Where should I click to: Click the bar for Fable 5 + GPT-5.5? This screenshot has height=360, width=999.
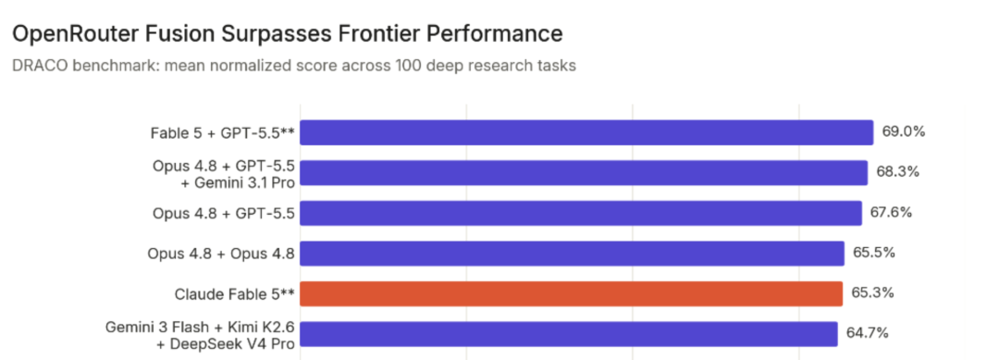click(586, 132)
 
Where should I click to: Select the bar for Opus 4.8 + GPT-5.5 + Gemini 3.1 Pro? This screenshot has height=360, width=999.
click(584, 173)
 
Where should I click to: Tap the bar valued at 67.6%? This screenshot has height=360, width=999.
click(581, 213)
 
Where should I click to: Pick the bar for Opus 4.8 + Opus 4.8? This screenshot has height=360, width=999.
click(573, 253)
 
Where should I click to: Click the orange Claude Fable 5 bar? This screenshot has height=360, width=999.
click(572, 293)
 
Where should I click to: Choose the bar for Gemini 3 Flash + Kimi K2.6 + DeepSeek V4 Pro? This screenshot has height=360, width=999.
click(569, 334)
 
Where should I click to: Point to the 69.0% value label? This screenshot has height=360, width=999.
click(903, 132)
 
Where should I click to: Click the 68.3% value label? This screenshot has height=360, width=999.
click(897, 173)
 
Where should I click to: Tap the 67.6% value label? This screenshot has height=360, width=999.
click(892, 213)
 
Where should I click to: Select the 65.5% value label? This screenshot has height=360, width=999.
click(874, 253)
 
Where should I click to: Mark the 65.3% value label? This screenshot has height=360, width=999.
click(873, 293)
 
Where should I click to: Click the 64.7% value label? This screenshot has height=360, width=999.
click(868, 333)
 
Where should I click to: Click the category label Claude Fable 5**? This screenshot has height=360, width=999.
click(234, 293)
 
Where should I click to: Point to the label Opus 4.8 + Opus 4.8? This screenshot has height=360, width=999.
click(220, 254)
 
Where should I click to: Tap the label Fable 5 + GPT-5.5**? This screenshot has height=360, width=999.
click(222, 133)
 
